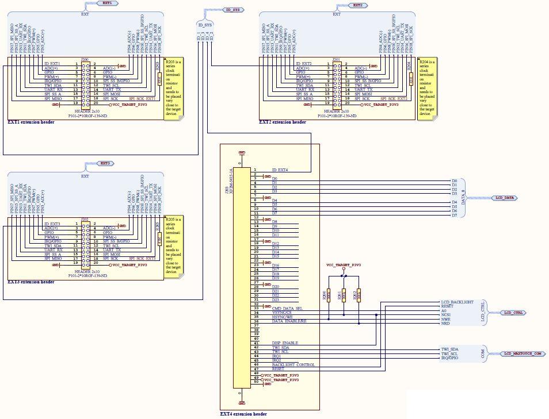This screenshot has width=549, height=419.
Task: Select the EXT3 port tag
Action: (x=105, y=164)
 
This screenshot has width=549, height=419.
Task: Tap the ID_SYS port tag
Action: (x=232, y=10)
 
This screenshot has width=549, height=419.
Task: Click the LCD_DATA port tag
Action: (x=505, y=198)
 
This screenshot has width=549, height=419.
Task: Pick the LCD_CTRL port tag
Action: (x=513, y=313)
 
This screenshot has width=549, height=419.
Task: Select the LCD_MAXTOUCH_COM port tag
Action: (x=523, y=353)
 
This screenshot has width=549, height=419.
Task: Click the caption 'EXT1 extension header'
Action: (x=31, y=122)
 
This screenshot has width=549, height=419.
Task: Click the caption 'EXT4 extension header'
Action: (x=243, y=414)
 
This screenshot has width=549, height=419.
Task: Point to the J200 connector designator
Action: (x=85, y=59)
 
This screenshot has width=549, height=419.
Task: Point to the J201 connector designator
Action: (x=336, y=59)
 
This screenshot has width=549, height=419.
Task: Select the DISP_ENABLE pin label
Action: (x=285, y=343)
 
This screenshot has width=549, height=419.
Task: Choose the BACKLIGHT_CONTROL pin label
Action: (x=293, y=365)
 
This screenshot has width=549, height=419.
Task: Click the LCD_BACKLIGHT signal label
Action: (x=457, y=302)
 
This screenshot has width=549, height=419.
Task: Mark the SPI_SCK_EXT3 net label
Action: (x=142, y=259)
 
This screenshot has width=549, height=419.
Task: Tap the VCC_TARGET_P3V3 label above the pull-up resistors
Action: (x=344, y=265)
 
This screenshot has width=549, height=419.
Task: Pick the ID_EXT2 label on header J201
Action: (x=303, y=64)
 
